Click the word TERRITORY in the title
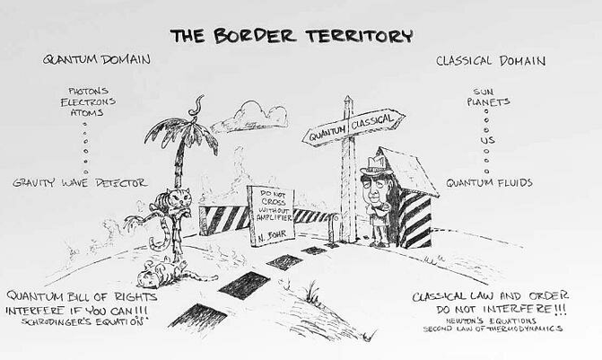click(360, 36)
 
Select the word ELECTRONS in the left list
click(88, 101)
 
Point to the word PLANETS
click(488, 101)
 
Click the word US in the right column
click(487, 140)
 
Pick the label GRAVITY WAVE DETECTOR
click(80, 183)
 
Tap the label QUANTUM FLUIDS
click(490, 182)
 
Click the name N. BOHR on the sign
click(272, 235)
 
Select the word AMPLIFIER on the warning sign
click(274, 218)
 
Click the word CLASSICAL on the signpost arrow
click(372, 122)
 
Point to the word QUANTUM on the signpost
click(327, 134)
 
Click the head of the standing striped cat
click(181, 198)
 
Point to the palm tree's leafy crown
click(181, 133)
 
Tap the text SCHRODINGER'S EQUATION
click(83, 321)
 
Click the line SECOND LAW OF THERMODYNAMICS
click(493, 329)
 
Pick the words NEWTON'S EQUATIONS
click(491, 320)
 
